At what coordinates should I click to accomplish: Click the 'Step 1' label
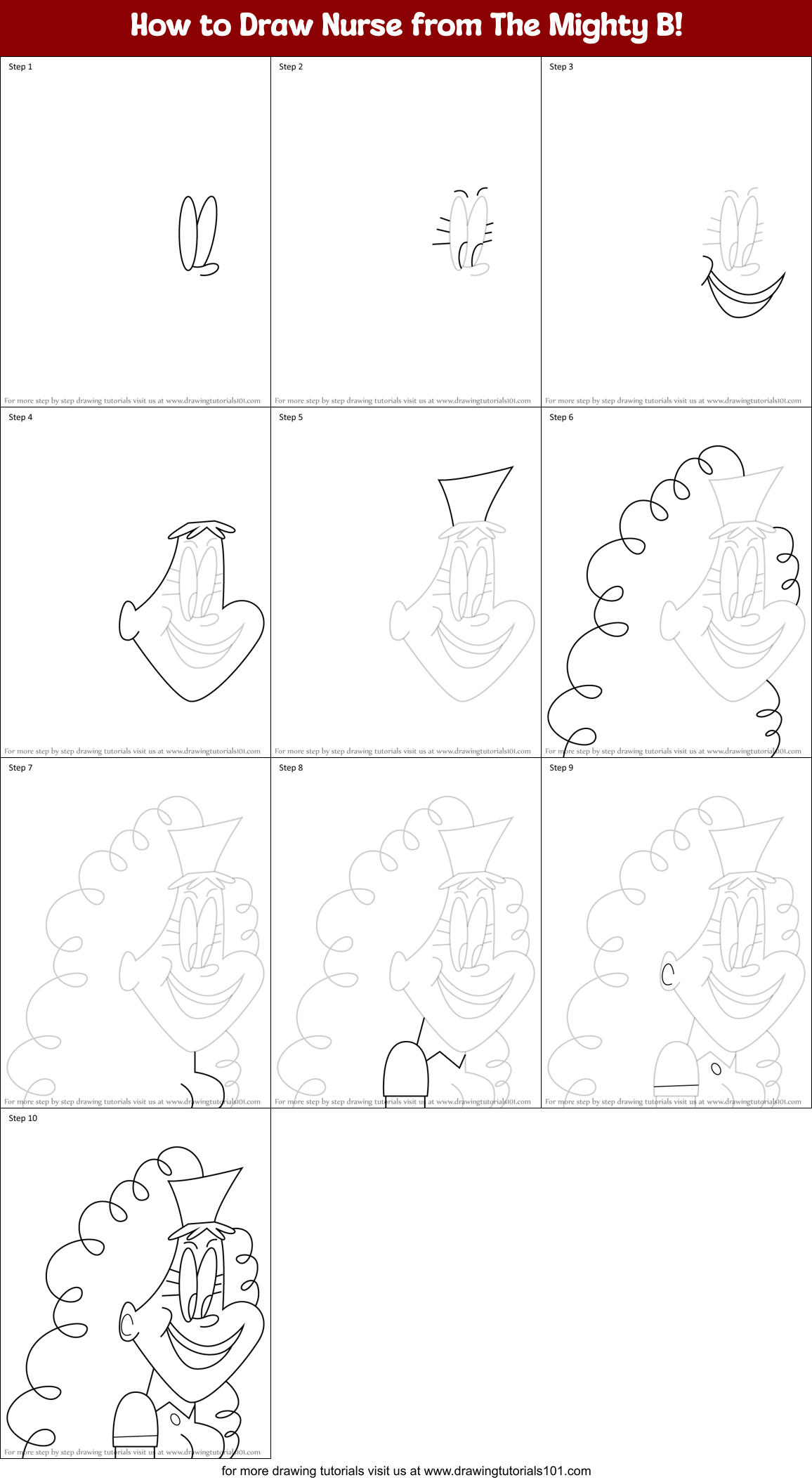coord(20,67)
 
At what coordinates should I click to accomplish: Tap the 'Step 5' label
coord(291,417)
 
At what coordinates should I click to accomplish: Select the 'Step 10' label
coord(23,1118)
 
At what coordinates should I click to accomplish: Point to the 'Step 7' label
coord(20,768)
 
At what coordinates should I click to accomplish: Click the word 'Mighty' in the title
coord(598,26)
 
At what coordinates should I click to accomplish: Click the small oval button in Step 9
coord(716,1069)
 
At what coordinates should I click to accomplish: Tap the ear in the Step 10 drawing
coord(127,1323)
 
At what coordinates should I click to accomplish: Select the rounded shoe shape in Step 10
coord(135,1420)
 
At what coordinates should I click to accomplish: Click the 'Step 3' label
coord(561,67)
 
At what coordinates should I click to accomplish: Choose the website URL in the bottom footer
coord(507,1471)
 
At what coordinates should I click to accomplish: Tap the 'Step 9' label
coord(561,768)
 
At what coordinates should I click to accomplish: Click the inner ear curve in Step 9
coord(667,974)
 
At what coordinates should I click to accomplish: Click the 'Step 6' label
coord(561,417)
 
